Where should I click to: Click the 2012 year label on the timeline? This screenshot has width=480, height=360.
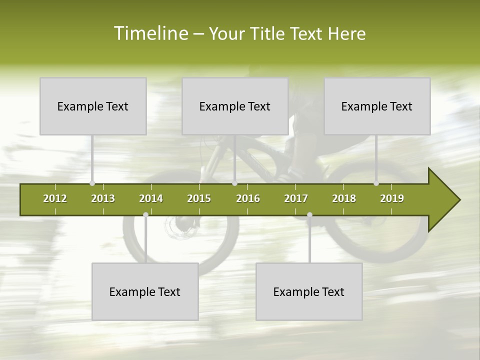click(55, 198)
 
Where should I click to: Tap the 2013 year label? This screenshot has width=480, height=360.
click(103, 198)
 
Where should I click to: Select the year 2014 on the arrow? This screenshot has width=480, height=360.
click(151, 198)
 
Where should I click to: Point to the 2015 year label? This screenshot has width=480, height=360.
click(199, 198)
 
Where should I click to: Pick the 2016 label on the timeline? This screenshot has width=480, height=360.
click(248, 198)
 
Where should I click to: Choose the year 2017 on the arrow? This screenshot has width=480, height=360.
click(296, 198)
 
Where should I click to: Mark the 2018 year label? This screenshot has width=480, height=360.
click(344, 198)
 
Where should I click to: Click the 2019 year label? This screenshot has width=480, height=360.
click(392, 198)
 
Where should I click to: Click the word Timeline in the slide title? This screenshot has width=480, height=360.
click(150, 33)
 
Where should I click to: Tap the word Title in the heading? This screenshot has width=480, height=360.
click(270, 33)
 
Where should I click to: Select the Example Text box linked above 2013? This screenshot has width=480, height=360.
click(93, 106)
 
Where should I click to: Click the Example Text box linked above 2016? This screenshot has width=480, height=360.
click(235, 106)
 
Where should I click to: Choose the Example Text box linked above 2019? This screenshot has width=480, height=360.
click(377, 106)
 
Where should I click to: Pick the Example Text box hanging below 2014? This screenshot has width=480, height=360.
click(145, 291)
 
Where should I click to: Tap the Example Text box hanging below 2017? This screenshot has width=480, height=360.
click(309, 291)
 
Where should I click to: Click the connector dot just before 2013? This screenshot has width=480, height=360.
click(92, 183)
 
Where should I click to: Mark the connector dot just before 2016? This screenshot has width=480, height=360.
click(234, 183)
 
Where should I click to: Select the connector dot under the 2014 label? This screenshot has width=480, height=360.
click(145, 214)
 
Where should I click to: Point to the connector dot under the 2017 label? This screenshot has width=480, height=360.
click(309, 214)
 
